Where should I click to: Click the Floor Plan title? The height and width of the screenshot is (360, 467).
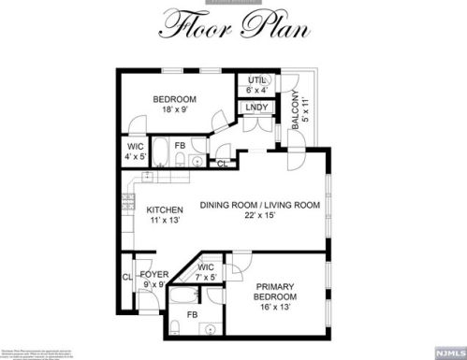233,28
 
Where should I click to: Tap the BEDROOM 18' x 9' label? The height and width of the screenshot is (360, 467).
175,106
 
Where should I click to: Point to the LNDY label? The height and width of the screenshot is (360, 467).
256,108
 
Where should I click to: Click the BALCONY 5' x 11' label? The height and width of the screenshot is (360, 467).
299,113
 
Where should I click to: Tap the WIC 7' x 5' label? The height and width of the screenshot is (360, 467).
206,273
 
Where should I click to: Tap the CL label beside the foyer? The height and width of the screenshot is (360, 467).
126,277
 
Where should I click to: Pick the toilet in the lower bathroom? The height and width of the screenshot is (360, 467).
176,327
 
